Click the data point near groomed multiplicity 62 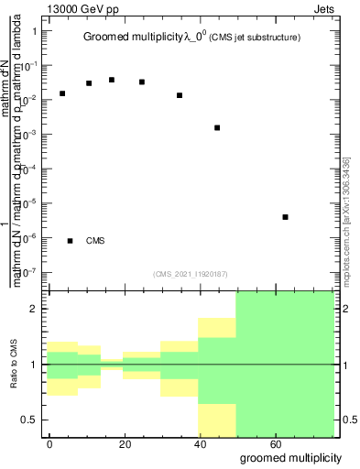tap(286, 217)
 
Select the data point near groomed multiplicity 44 tap(217, 127)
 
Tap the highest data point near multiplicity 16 tap(112, 80)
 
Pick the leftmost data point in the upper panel tap(62, 93)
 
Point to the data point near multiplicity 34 tap(180, 95)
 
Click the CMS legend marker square tap(71, 241)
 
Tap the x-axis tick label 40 tap(199, 443)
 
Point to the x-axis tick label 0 tap(49, 443)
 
